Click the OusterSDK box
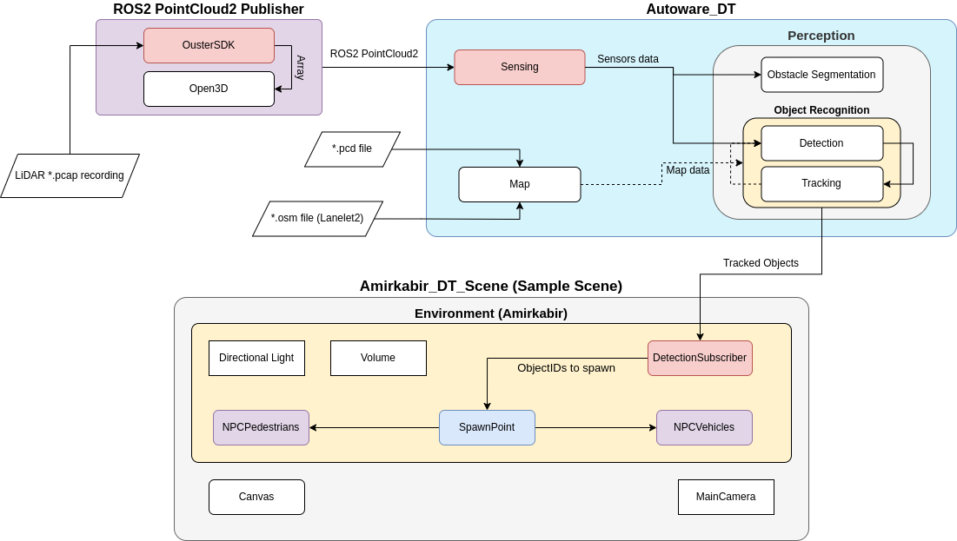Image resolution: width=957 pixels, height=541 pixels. point(209,45)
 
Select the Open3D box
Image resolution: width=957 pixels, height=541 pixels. point(209,89)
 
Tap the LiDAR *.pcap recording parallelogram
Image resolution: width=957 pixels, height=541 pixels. point(70,175)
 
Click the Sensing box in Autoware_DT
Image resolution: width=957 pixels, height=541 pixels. point(519,67)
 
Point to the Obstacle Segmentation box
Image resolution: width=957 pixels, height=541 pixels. point(821,75)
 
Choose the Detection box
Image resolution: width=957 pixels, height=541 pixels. point(821,143)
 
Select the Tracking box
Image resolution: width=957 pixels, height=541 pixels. point(821,183)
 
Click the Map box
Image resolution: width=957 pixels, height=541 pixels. point(519,184)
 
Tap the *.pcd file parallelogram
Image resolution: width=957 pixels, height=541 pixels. point(352,148)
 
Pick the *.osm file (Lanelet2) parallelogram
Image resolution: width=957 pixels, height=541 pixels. point(317,218)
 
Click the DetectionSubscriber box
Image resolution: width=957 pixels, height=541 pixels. point(700,358)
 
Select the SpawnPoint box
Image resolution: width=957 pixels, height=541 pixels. point(487,427)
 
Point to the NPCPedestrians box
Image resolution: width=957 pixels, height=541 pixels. point(261,427)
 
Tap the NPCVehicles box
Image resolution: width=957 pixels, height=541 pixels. point(704,427)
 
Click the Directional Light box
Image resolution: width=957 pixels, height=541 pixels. point(256,358)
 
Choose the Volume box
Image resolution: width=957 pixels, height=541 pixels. point(378,358)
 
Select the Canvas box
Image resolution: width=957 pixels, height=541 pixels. point(256,497)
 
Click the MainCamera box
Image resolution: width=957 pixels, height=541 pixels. point(726,497)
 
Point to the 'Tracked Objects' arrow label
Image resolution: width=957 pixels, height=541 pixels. point(761,263)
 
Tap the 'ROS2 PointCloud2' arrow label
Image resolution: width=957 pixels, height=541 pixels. point(374,54)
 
